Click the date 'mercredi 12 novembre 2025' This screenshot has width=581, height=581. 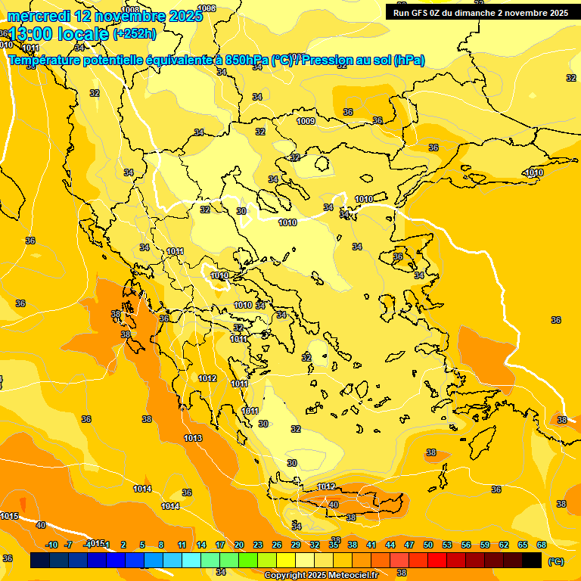104,16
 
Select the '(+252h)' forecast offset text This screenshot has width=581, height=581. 135,33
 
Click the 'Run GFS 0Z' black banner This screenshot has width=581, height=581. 480,13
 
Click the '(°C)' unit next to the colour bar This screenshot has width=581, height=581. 555,561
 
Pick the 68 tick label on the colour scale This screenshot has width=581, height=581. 542,545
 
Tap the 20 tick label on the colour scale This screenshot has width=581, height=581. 238,545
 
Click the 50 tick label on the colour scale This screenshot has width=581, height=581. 428,545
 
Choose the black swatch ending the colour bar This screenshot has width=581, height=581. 532,561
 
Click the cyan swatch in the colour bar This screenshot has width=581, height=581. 191,561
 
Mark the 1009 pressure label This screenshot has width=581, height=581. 306,121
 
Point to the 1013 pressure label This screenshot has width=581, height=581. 193,438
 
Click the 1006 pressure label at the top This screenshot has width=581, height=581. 206,8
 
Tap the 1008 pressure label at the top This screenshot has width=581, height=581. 131,10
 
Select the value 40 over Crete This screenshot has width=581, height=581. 334,505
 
